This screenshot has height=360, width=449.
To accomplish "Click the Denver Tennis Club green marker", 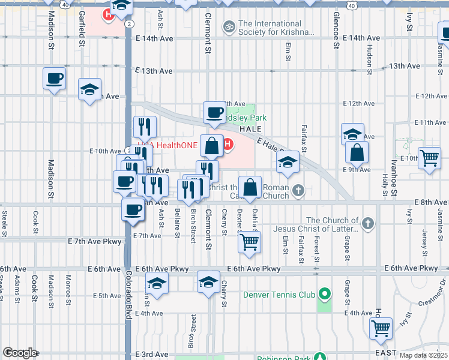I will pos(325,294).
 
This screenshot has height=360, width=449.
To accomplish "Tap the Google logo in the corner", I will pos(20,353).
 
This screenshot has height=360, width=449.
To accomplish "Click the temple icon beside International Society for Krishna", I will pos(228,26).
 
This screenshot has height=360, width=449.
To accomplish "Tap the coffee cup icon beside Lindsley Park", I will pos(214,112).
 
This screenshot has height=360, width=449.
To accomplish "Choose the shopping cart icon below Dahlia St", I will pos(249,242).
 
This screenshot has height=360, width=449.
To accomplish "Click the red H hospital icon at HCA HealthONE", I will pos(228,143).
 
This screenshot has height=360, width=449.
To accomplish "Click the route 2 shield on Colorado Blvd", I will pos(130,23).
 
